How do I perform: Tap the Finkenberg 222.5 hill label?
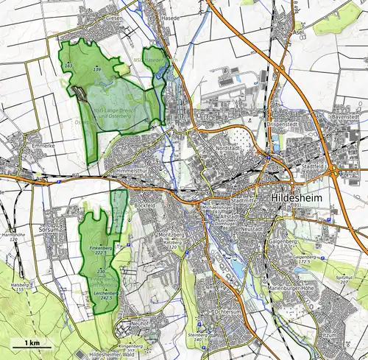click(x=101, y=248)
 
